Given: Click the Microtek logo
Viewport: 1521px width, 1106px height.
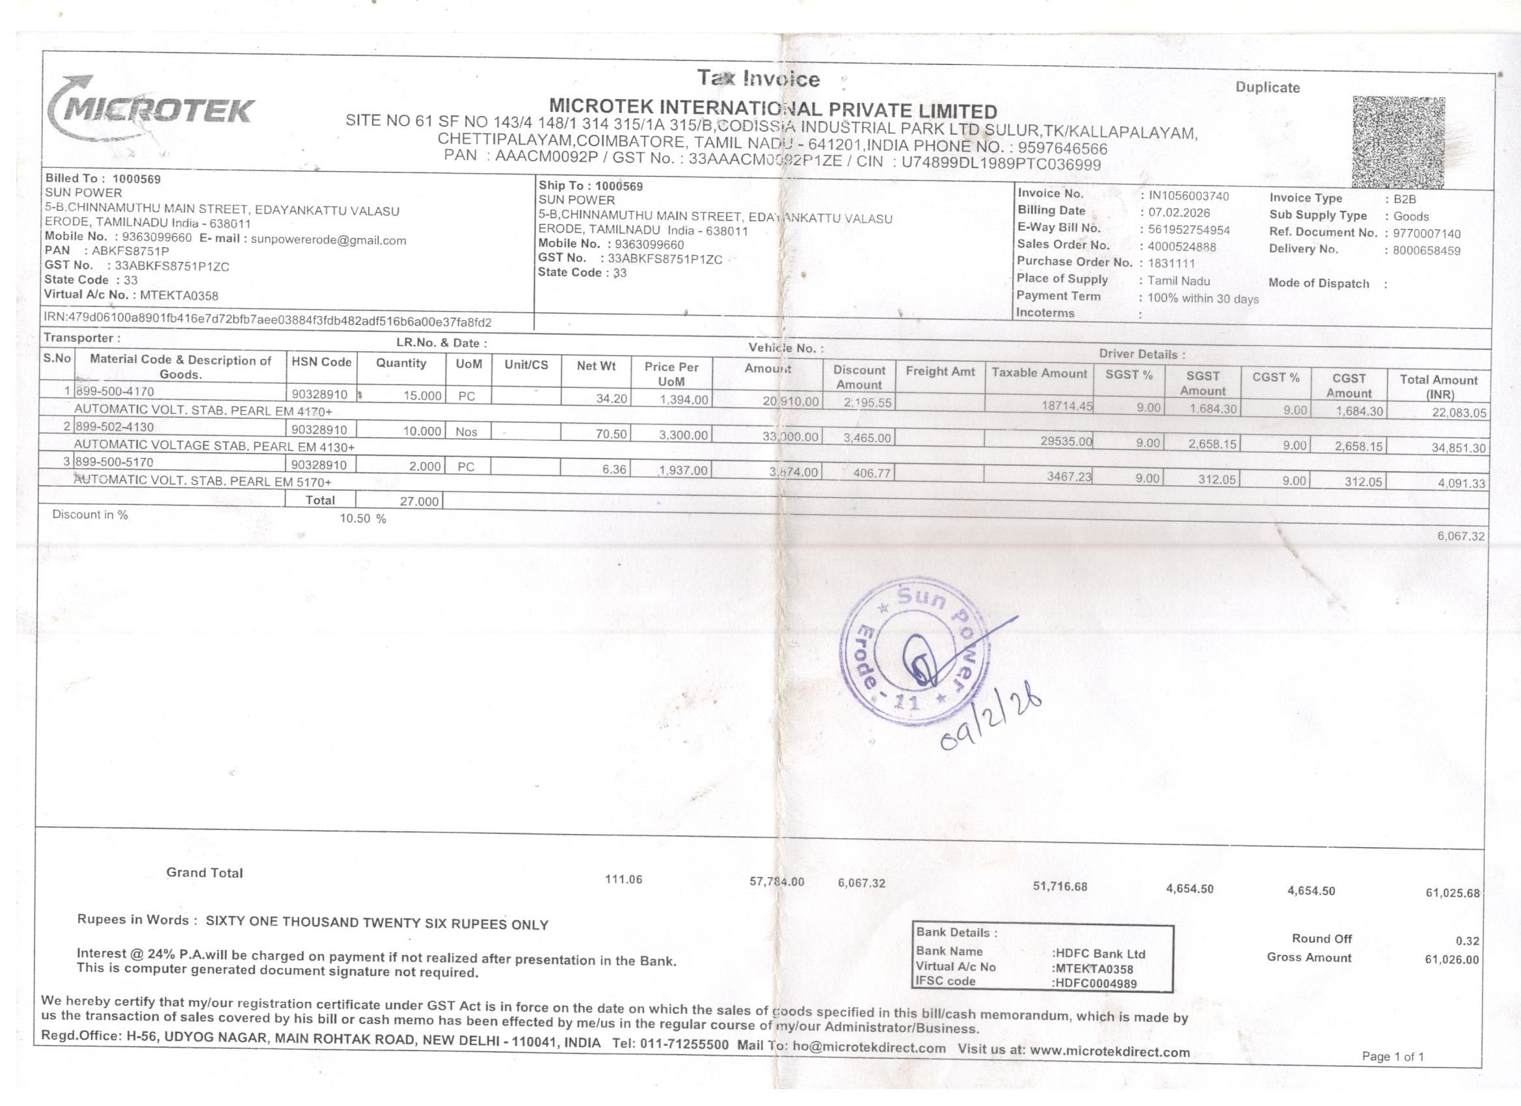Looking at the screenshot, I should click(x=151, y=109).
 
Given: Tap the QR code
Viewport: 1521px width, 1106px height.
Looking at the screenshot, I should click(x=1398, y=142).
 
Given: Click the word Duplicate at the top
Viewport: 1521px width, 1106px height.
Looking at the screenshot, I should click(x=1267, y=88).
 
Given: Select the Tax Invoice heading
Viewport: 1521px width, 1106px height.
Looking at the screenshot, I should click(x=758, y=79).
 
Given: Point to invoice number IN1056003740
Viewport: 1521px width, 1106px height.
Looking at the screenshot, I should click(x=1189, y=196).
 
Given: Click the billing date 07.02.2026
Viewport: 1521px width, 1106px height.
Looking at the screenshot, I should click(x=1179, y=213).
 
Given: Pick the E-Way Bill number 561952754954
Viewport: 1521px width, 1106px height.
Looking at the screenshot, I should click(x=1189, y=230).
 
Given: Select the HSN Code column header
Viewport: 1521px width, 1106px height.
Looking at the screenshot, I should click(x=321, y=362).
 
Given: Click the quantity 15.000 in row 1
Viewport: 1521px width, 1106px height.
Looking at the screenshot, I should click(x=422, y=396).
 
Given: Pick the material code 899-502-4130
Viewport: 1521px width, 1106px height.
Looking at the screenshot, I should click(x=114, y=427).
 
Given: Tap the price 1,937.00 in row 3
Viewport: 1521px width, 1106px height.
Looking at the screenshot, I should click(x=682, y=470).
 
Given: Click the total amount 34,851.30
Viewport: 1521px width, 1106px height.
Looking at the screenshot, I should click(x=1458, y=448).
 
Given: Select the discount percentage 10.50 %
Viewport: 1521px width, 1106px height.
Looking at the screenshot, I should click(x=362, y=519).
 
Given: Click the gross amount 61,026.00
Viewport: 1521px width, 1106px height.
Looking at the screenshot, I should click(x=1451, y=959).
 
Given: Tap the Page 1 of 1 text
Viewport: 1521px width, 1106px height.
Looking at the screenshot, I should click(x=1392, y=1057).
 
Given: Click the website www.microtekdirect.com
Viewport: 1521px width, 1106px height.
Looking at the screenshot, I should click(x=1109, y=1051).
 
